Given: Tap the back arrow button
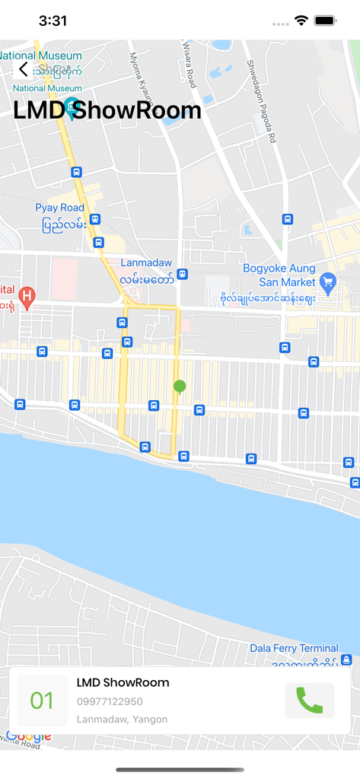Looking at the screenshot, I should click(23, 69).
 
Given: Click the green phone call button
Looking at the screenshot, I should click(309, 700).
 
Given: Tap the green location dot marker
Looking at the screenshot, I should click(180, 386).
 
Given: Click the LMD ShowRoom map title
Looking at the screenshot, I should click(107, 110).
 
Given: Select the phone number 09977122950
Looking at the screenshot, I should click(110, 701).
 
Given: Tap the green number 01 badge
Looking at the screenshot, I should click(42, 700).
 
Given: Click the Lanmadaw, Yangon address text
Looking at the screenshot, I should click(122, 719).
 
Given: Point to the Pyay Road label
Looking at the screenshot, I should click(60, 208).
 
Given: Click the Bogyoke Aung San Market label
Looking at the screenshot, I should click(279, 275).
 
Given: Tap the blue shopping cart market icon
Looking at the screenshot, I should click(328, 281).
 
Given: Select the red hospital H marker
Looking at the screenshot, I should click(27, 295).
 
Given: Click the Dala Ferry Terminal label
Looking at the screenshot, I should click(294, 648).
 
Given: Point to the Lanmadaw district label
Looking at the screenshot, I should click(147, 262).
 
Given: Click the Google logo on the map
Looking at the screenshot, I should click(28, 736).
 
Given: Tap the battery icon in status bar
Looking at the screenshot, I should click(326, 21).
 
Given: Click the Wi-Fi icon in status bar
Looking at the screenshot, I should click(301, 21).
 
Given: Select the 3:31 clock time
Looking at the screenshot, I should click(53, 21).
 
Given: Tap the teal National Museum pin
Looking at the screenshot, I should click(72, 107).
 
